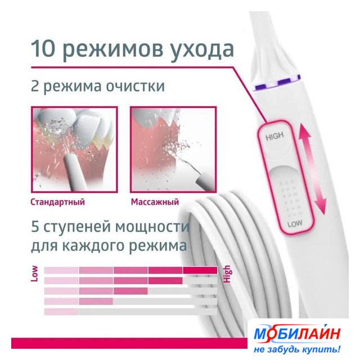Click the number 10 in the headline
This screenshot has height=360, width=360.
pyautogui.click(x=43, y=49)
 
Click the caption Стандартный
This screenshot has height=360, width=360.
pyautogui.click(x=57, y=202)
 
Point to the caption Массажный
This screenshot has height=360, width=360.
pyautogui.click(x=155, y=202)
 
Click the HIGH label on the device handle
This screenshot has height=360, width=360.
pyautogui.click(x=274, y=136)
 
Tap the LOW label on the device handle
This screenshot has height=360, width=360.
pyautogui.click(x=295, y=224)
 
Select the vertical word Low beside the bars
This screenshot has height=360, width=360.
pyautogui.click(x=34, y=274)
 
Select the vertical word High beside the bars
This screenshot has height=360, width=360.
pyautogui.click(x=227, y=274)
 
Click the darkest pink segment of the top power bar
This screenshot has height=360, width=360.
pyautogui.click(x=200, y=270)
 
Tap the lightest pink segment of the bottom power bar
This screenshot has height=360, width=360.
pyautogui.click(x=61, y=312)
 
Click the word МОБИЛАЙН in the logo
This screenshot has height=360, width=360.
pyautogui.click(x=297, y=335)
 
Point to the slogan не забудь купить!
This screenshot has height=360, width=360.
pyautogui.click(x=297, y=350)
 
